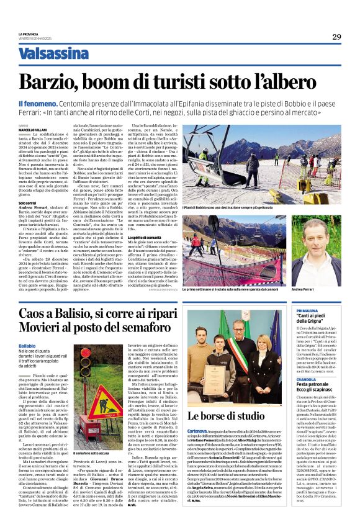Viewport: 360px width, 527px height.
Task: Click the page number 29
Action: (x=336, y=37)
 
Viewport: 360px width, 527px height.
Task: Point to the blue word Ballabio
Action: (x=27, y=345)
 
